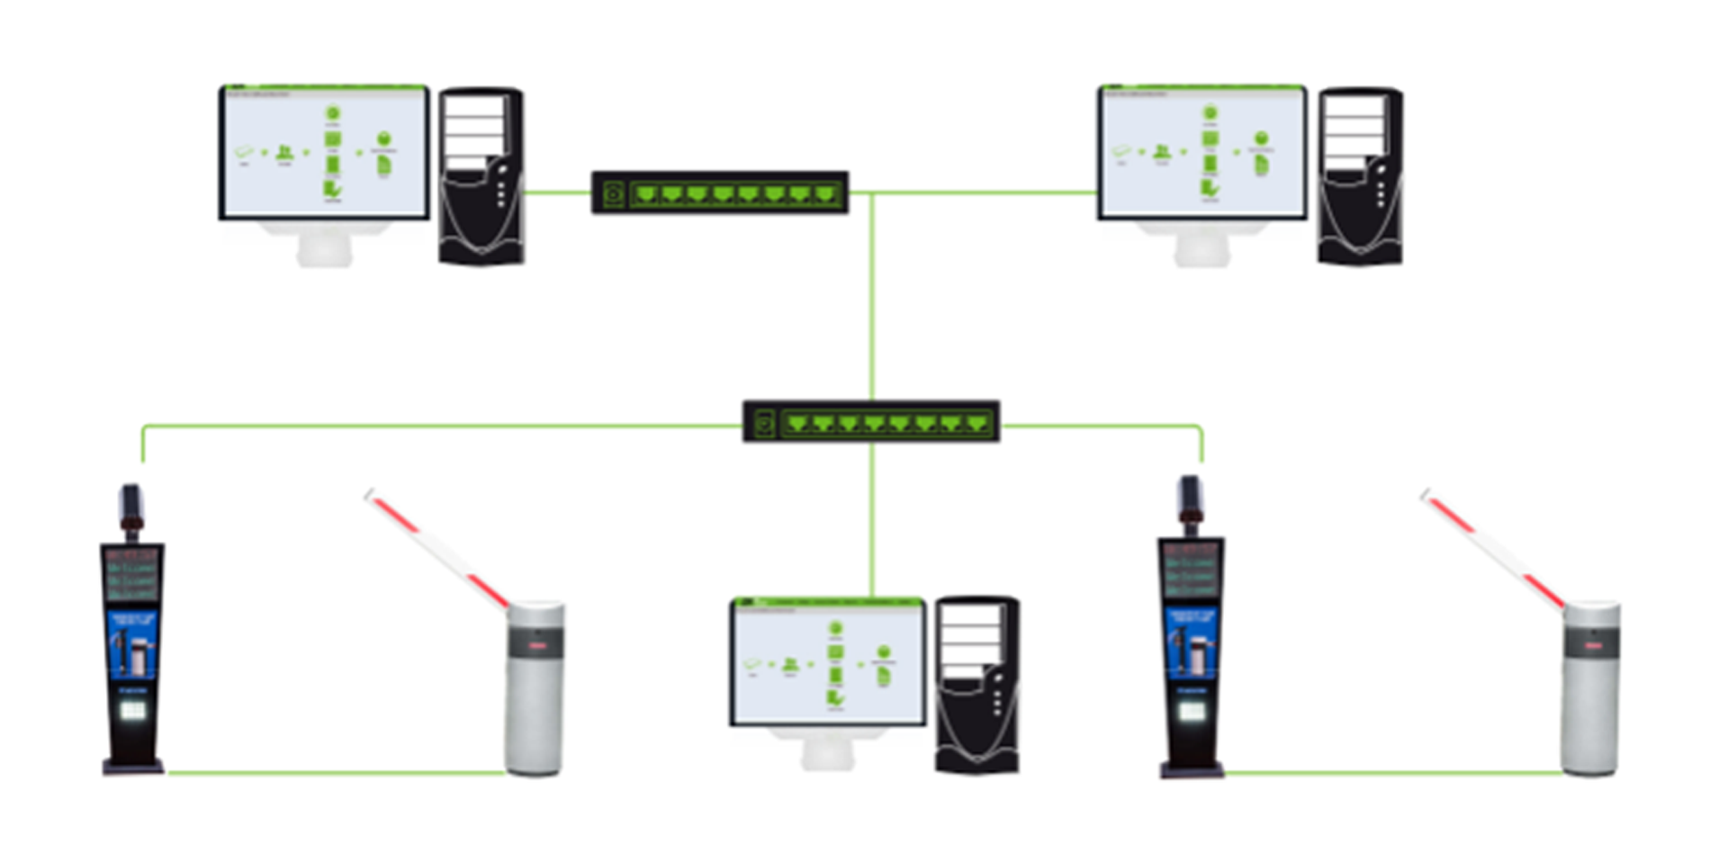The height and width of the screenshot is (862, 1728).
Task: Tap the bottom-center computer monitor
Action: coord(828,661)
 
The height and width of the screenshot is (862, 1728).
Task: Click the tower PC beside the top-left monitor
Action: coord(481,175)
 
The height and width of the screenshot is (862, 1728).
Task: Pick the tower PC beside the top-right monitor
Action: coord(1360,175)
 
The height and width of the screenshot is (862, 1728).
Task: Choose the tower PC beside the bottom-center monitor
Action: coord(977,684)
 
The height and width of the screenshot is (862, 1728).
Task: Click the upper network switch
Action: coord(720,193)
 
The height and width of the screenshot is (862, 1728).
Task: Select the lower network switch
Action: coord(871,422)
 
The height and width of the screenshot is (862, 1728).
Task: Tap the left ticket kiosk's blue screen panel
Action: coord(132,642)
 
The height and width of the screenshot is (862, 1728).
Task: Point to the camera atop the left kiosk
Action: coord(131,508)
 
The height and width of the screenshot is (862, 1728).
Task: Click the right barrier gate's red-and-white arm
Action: coord(1494,549)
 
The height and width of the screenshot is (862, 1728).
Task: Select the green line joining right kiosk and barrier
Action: coord(1393,772)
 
